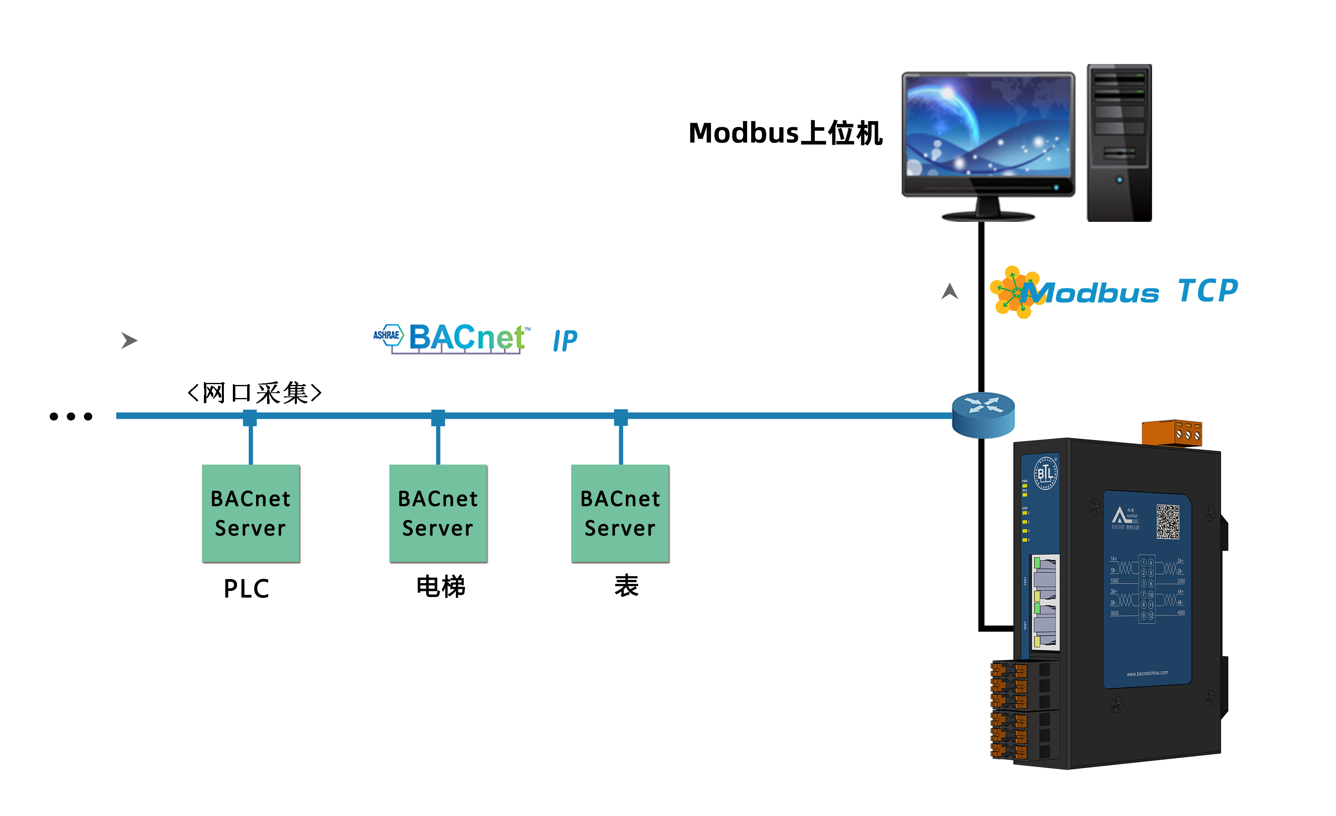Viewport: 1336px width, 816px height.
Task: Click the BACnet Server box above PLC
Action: (250, 513)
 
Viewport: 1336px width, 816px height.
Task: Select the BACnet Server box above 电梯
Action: (438, 513)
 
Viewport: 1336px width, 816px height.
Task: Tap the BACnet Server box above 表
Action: (620, 513)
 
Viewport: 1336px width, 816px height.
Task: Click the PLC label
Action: (247, 589)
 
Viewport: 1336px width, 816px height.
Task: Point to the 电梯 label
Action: (441, 587)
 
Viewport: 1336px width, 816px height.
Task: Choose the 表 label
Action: (626, 586)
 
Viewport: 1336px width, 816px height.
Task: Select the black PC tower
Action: (1119, 143)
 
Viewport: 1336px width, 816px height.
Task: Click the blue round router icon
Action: (983, 415)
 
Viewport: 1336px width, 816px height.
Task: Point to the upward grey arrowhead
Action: (949, 291)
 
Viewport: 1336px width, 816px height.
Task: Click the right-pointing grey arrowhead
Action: (128, 341)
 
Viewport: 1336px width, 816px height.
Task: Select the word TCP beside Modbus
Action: (1208, 291)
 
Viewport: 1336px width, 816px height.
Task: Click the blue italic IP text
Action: (565, 341)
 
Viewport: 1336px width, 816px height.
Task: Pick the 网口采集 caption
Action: (255, 393)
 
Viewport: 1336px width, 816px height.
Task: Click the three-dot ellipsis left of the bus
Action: (71, 416)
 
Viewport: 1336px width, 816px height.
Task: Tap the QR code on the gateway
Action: (1168, 522)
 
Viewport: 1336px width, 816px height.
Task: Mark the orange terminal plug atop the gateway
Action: (1172, 433)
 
